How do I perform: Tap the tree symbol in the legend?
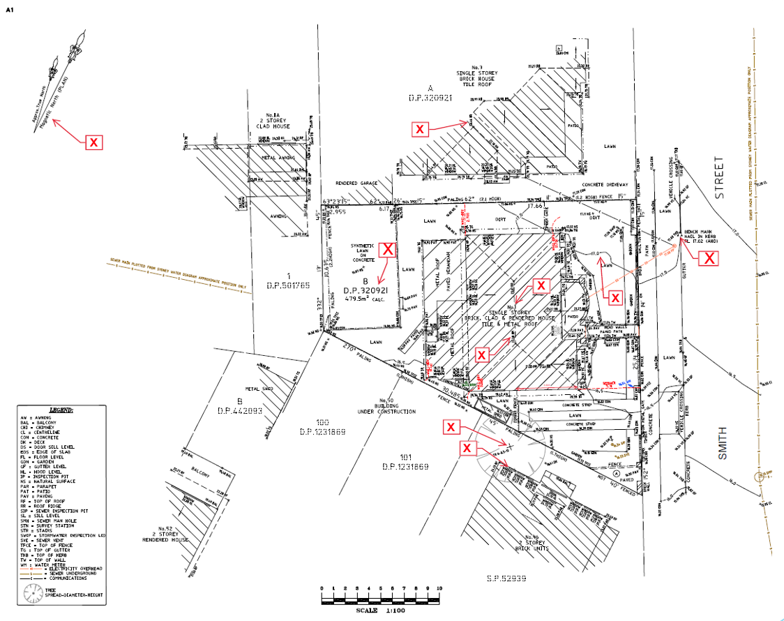coord(33,593)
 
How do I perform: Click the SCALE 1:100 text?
coord(379,609)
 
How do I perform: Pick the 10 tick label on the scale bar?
coord(439,589)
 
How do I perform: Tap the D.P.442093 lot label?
coord(239,410)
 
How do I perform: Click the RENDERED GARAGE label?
coord(356,184)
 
